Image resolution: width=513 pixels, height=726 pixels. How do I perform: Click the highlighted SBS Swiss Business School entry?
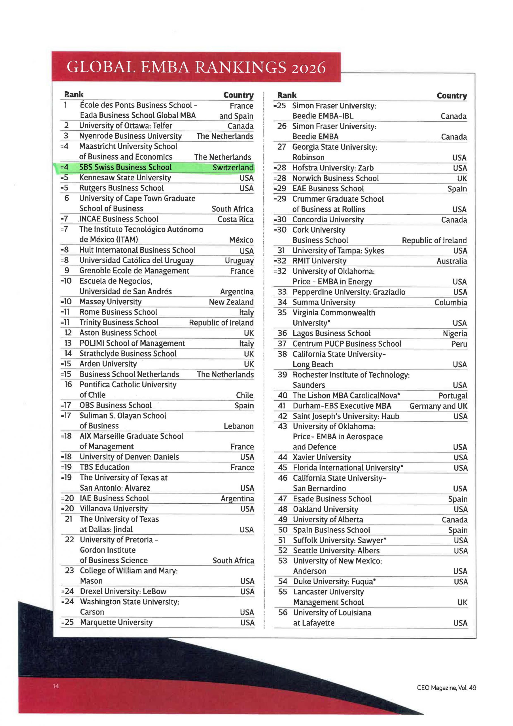125,167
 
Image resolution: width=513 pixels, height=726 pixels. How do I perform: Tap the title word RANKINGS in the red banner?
240,67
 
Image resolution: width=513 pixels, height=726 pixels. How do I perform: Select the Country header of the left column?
238,95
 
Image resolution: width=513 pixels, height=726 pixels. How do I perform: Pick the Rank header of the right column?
287,95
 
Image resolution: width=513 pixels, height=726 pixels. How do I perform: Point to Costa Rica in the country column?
235,219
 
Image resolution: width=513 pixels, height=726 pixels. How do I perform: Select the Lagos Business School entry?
331,333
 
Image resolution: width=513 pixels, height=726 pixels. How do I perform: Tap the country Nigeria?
455,334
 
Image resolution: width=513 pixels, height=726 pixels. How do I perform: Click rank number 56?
283,613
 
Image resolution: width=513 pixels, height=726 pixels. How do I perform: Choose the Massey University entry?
110,302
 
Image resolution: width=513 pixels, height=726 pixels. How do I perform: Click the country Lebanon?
238,426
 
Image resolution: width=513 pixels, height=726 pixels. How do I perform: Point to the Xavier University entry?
322,457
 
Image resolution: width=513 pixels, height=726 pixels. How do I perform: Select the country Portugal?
452,396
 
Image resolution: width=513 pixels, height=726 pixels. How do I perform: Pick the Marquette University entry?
116,622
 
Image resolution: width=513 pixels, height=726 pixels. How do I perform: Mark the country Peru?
459,344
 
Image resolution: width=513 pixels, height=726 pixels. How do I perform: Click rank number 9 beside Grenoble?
67,270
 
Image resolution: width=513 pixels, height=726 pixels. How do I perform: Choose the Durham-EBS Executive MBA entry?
342,406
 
